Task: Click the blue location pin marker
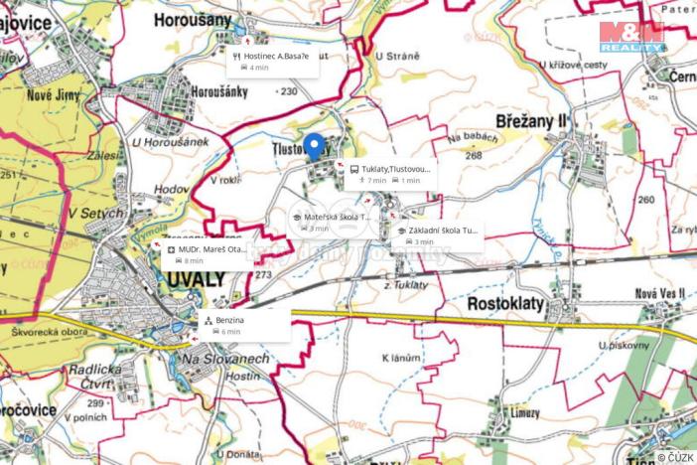[x=314, y=146]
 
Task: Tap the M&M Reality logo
[x=631, y=37]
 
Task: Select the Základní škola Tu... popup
[x=437, y=234]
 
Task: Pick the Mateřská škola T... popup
[x=331, y=222]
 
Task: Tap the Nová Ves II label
[x=660, y=293]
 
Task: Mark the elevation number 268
[x=473, y=155]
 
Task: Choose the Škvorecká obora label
[x=56, y=333]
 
